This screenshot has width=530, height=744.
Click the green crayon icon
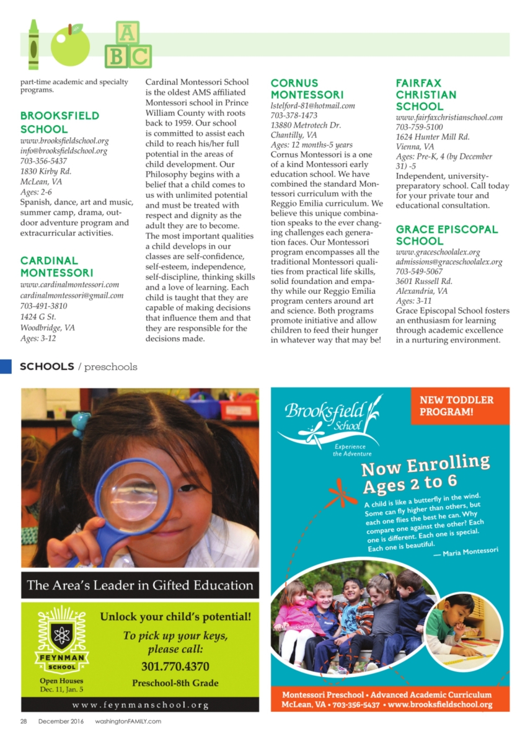pos(33,45)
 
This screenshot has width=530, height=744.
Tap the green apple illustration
pos(70,46)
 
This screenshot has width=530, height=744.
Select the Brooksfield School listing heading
pos(60,122)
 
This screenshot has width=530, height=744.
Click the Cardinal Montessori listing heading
pos(57,267)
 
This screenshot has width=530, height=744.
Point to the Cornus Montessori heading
pos(307,89)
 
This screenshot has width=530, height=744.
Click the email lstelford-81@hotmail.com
pos(312,106)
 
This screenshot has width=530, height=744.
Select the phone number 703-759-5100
pos(419,127)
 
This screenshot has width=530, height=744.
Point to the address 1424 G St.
pos(38,317)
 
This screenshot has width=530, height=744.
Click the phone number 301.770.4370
pos(175,667)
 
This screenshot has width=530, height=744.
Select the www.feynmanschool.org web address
pos(140,705)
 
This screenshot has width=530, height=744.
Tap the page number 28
pos(24,721)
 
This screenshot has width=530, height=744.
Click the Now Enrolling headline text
pos(425,474)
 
